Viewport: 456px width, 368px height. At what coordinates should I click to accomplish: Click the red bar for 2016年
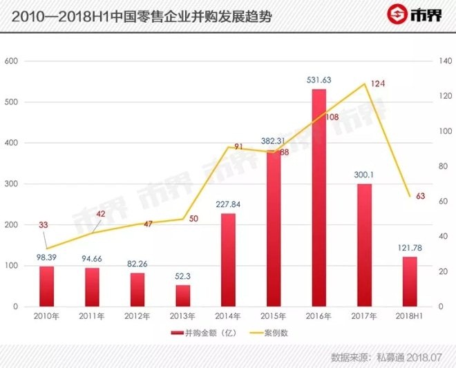pos(319,197)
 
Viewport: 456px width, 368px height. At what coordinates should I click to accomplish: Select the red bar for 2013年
pos(182,296)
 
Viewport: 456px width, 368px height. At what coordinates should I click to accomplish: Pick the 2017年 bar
pos(364,245)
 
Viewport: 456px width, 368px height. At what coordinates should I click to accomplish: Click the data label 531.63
pos(319,80)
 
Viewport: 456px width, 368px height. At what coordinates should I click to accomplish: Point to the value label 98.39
pos(46,257)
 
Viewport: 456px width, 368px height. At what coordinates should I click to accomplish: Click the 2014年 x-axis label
pos(228,316)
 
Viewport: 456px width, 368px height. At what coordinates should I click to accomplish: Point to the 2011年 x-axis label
pos(92,316)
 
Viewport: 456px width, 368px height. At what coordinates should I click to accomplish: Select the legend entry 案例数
pos(276,333)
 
